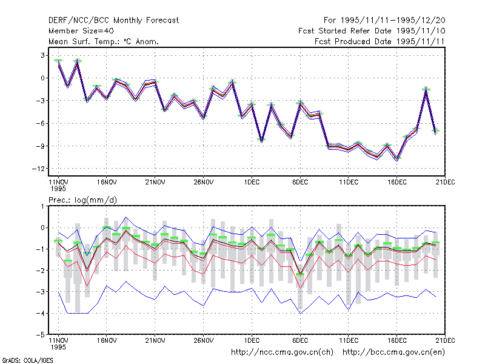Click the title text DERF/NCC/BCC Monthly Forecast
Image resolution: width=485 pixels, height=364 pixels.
pyautogui.click(x=113, y=21)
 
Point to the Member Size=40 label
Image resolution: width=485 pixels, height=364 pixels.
pyautogui.click(x=81, y=31)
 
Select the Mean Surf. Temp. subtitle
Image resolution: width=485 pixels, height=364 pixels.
pyautogui.click(x=103, y=41)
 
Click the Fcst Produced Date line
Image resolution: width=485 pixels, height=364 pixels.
pyautogui.click(x=380, y=41)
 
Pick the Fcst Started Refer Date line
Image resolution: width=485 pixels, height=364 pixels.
pyautogui.click(x=372, y=31)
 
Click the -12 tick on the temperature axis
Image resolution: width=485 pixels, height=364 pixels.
pyautogui.click(x=38, y=169)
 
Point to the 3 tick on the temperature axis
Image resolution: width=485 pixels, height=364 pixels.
pyautogui.click(x=42, y=55)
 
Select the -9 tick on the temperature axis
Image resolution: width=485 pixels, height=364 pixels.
pyautogui.click(x=40, y=146)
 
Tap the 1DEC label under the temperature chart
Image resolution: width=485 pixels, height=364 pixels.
pyautogui.click(x=252, y=183)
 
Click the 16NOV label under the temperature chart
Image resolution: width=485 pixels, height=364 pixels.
pyautogui.click(x=107, y=183)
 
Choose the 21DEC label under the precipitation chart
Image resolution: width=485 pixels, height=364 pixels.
pyautogui.click(x=445, y=340)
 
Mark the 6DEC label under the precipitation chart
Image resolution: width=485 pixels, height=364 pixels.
pyautogui.click(x=300, y=340)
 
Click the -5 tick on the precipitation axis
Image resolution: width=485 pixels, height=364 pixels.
pyautogui.click(x=41, y=335)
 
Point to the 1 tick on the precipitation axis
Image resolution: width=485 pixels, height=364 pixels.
pyautogui.click(x=42, y=206)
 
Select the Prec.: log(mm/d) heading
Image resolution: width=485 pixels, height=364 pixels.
pyautogui.click(x=82, y=200)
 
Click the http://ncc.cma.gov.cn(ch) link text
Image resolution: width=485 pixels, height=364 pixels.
pyautogui.click(x=282, y=352)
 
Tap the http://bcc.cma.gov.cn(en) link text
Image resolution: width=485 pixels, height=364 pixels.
pyautogui.click(x=393, y=352)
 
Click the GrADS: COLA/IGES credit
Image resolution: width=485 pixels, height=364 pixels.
pyautogui.click(x=27, y=360)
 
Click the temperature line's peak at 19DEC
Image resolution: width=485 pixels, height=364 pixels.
pyautogui.click(x=426, y=89)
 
